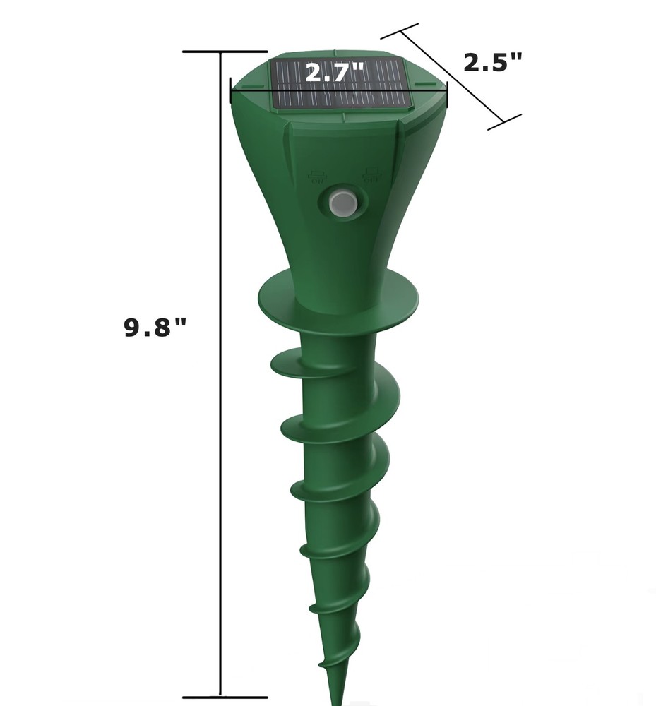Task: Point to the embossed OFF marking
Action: pos(371,174)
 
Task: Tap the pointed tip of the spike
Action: pos(339,699)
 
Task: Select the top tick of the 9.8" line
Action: pos(225,52)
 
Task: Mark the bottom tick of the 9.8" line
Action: pos(225,697)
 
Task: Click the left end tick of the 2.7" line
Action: pos(232,90)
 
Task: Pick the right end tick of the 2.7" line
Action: pos(447,90)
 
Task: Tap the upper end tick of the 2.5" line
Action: pos(400,30)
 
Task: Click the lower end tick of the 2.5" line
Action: pos(505,122)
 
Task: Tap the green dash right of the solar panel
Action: pos(427,84)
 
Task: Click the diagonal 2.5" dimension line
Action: pos(452,76)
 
